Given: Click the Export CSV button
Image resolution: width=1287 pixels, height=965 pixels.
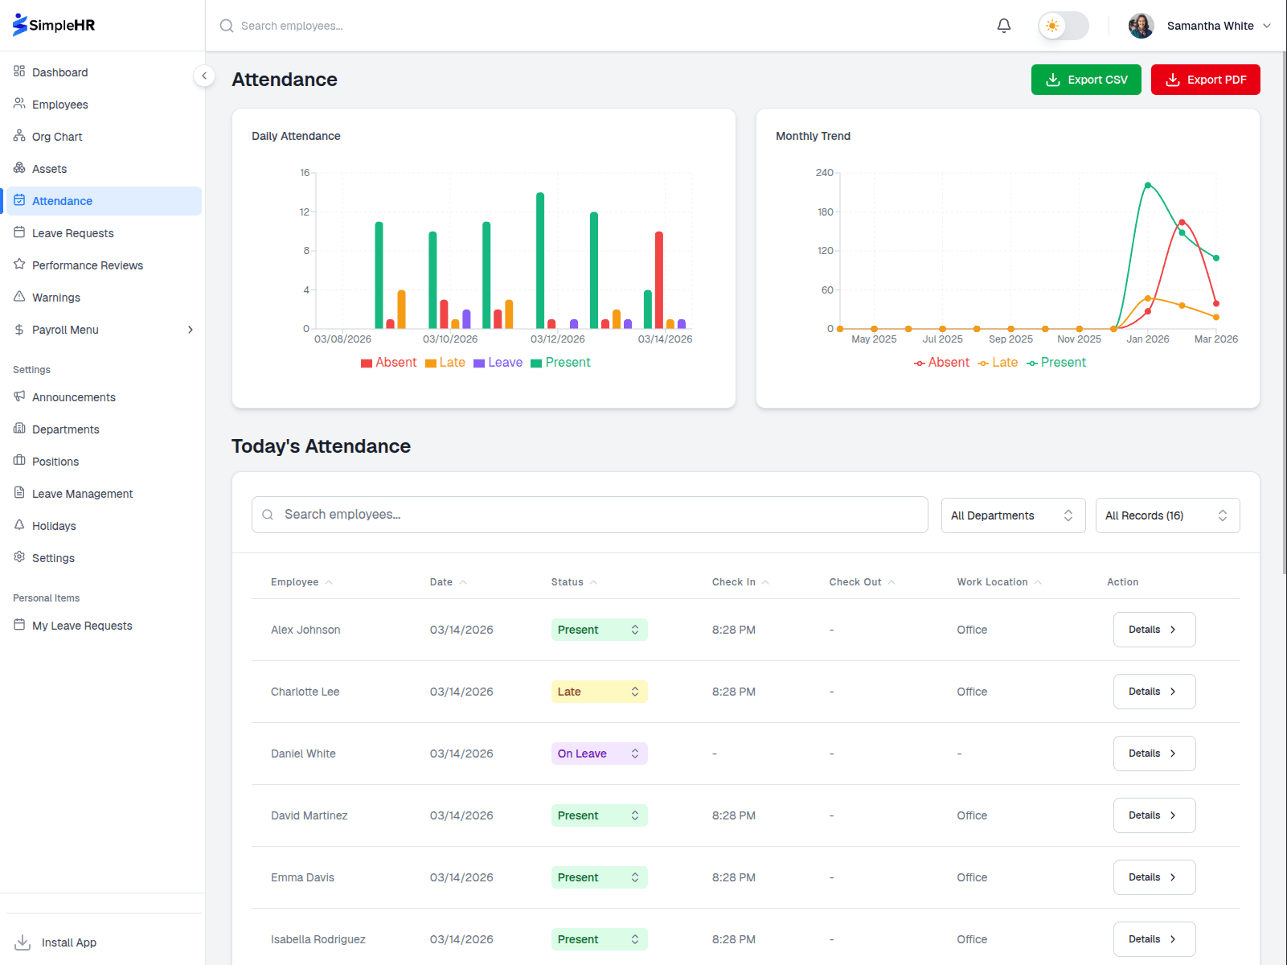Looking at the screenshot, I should click(x=1085, y=80).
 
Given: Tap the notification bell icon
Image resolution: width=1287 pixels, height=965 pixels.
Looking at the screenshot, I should click(x=1003, y=26).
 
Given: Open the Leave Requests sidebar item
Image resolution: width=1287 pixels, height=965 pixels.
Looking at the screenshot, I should click(x=72, y=233).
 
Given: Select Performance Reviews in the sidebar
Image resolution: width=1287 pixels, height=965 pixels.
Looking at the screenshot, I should click(x=87, y=265).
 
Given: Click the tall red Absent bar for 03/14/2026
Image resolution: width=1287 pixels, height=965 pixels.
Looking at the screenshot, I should click(x=658, y=280).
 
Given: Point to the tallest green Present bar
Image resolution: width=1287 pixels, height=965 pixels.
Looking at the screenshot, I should click(x=540, y=260).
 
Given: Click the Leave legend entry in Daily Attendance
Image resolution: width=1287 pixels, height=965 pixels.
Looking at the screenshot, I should click(x=498, y=363).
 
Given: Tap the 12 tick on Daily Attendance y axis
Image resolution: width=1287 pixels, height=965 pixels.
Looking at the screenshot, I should click(x=305, y=212).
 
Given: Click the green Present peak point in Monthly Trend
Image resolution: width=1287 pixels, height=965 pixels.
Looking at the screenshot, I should click(x=1147, y=185).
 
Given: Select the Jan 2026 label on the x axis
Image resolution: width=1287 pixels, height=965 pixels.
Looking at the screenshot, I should click(x=1147, y=339).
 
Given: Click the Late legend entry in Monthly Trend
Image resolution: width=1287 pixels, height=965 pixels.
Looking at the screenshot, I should click(x=998, y=363).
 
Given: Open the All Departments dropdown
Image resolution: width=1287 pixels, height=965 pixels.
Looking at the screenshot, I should click(x=1012, y=515).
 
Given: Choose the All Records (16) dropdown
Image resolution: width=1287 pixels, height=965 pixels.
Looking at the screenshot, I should click(x=1166, y=515).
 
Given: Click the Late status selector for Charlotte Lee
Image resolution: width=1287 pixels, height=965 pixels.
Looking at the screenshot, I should click(x=599, y=692).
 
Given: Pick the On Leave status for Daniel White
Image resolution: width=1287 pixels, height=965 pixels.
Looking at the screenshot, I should click(x=599, y=754).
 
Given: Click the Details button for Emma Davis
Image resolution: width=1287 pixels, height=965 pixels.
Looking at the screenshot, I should click(x=1154, y=877).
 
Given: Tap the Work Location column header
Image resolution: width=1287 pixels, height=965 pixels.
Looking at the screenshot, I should click(x=992, y=582).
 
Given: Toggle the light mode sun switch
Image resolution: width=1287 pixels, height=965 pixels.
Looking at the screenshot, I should click(x=1062, y=26).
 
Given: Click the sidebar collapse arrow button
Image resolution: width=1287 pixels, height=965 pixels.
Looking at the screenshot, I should click(x=204, y=76).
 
